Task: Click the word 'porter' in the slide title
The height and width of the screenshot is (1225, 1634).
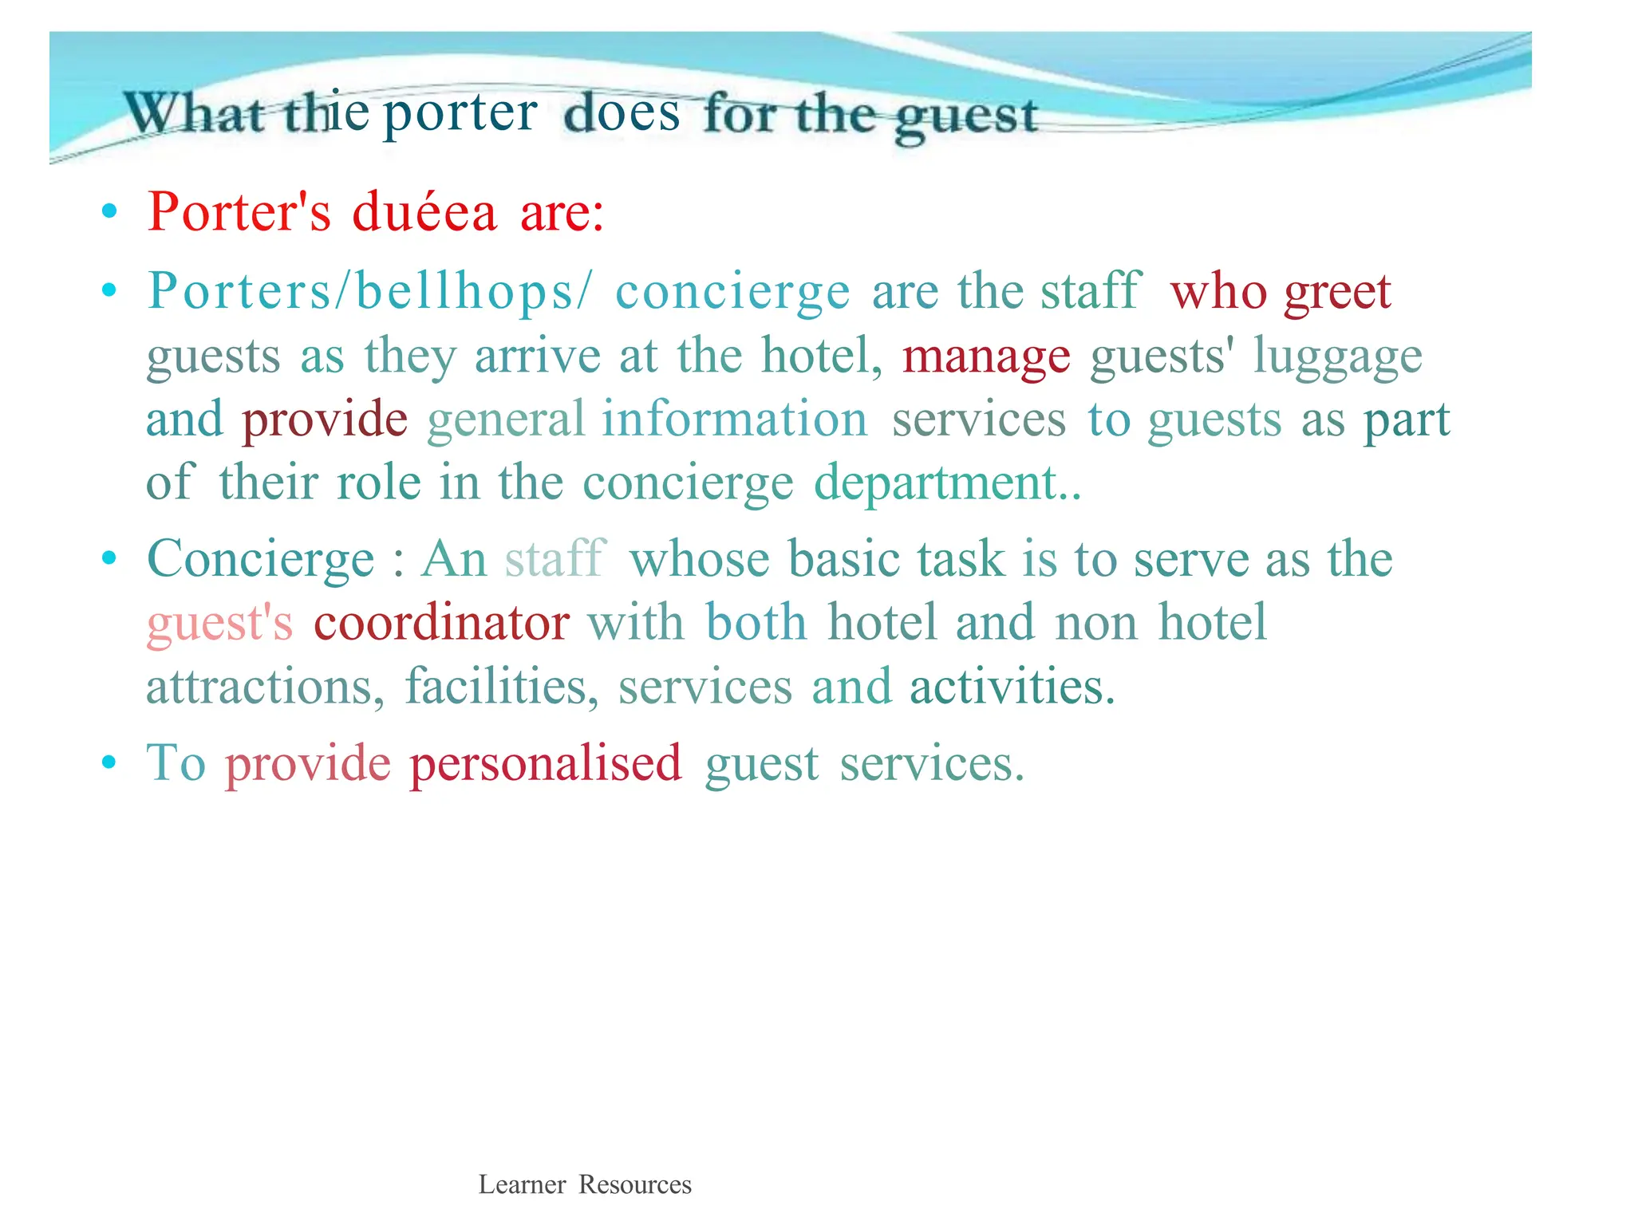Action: (460, 113)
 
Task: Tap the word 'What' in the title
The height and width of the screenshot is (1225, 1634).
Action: (194, 113)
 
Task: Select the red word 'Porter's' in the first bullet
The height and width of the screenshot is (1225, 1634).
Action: (239, 212)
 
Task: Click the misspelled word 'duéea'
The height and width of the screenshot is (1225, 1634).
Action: (424, 212)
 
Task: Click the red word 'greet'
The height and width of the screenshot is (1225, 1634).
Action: (1337, 292)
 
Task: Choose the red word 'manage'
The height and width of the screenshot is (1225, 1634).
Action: (986, 356)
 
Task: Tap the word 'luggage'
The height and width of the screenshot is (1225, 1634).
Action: (1337, 356)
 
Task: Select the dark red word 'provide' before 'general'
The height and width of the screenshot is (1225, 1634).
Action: (325, 419)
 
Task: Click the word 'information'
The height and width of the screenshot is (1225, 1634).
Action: (734, 419)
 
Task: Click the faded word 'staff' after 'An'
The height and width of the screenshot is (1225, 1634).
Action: (555, 558)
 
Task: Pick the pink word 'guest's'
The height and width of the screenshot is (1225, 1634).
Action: (220, 623)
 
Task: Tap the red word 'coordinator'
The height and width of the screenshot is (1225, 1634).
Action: (441, 623)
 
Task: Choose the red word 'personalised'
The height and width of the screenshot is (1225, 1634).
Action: (546, 763)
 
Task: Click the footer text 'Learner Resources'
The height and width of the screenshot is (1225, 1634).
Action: (585, 1184)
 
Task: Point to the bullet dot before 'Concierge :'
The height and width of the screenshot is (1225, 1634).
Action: (109, 559)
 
